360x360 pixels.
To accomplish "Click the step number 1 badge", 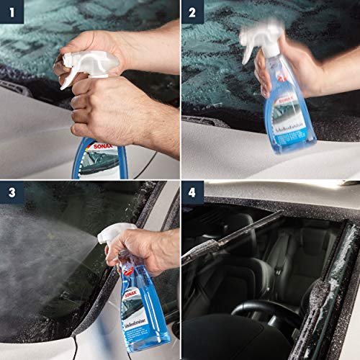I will (12, 12).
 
